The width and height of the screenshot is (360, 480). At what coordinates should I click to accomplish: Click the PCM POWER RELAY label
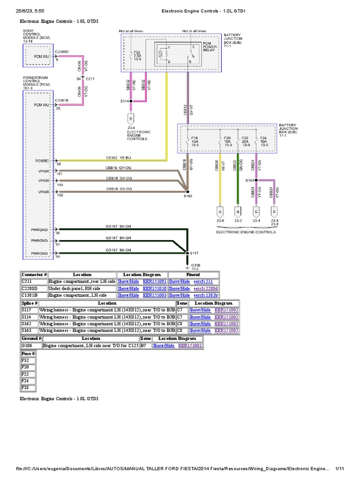point(210,46)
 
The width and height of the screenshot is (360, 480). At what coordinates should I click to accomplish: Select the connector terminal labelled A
point(219,211)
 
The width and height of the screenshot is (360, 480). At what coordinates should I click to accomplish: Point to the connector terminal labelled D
point(274,211)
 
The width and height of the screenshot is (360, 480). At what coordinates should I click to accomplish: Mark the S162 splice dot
point(187,191)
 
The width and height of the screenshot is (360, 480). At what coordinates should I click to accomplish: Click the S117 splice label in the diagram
point(194,253)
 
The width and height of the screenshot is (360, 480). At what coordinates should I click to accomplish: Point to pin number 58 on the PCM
point(58,165)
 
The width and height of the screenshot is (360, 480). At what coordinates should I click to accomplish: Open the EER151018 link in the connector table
point(155,288)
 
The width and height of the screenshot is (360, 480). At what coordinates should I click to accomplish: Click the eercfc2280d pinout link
point(206,288)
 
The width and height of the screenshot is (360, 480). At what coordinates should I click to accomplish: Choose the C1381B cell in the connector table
point(34,295)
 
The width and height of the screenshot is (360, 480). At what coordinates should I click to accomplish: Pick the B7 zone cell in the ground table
point(145,345)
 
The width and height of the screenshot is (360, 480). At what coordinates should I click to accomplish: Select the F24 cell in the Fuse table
point(28,381)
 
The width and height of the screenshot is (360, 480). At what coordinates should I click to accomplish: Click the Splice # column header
point(29,303)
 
